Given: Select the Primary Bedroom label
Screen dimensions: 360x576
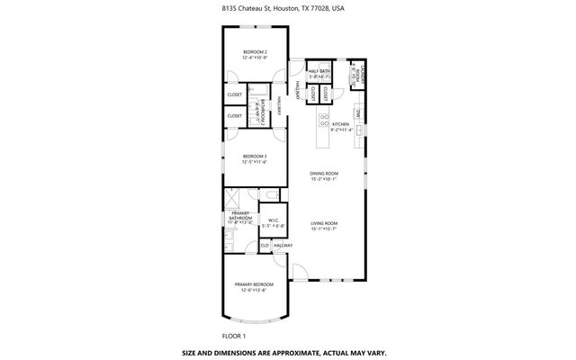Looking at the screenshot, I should [256, 285].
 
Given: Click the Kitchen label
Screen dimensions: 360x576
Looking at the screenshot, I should [339, 124].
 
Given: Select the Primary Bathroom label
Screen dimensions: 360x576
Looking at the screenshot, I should [238, 216].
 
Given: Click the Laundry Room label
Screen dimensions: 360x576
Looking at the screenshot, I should [355, 75].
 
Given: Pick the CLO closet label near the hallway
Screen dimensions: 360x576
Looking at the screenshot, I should [265, 246].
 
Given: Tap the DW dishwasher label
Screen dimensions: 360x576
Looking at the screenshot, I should [357, 114].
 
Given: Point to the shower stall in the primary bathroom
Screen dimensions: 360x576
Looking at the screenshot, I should [233, 197].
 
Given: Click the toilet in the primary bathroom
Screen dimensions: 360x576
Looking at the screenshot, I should [271, 194].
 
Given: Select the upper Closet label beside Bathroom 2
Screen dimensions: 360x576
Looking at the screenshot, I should [235, 94].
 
